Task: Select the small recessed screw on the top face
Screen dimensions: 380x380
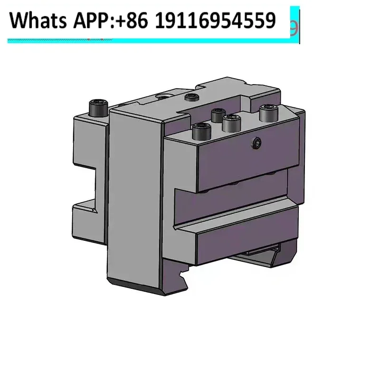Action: pyautogui.click(x=191, y=98)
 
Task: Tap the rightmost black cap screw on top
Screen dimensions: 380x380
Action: pyautogui.click(x=266, y=114)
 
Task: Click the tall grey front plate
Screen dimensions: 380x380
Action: pyautogui.click(x=138, y=199)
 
